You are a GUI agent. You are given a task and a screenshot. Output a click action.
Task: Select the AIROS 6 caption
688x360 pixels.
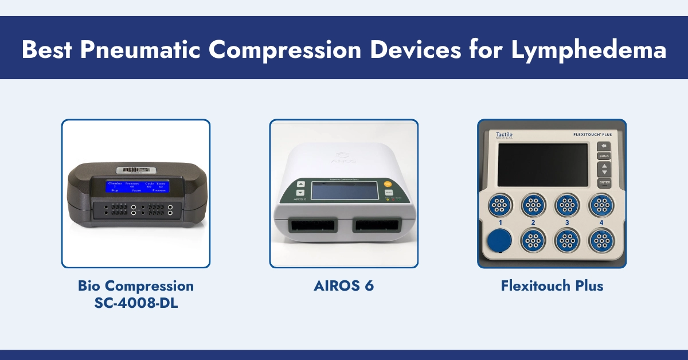pyautogui.click(x=344, y=285)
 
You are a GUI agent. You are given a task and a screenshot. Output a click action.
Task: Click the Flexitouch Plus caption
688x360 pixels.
pyautogui.click(x=552, y=285)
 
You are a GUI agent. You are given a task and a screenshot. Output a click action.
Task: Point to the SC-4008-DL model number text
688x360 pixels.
pyautogui.click(x=136, y=303)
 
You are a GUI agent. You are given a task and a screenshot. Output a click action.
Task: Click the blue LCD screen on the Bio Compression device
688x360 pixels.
pyautogui.click(x=137, y=186)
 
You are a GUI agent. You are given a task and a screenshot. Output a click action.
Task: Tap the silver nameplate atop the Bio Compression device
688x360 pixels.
pyautogui.click(x=136, y=170)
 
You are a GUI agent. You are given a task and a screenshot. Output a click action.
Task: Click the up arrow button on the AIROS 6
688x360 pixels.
pyautogui.click(x=300, y=185)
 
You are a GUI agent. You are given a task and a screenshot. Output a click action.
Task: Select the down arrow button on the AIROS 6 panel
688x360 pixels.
pyautogui.click(x=300, y=194)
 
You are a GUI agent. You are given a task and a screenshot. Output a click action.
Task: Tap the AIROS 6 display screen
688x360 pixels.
pyautogui.click(x=344, y=191)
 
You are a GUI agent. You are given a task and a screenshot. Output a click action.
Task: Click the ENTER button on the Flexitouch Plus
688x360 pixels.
pyautogui.click(x=604, y=183)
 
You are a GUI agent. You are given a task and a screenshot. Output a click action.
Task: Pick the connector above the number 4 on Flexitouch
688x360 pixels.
pyautogui.click(x=601, y=204)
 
